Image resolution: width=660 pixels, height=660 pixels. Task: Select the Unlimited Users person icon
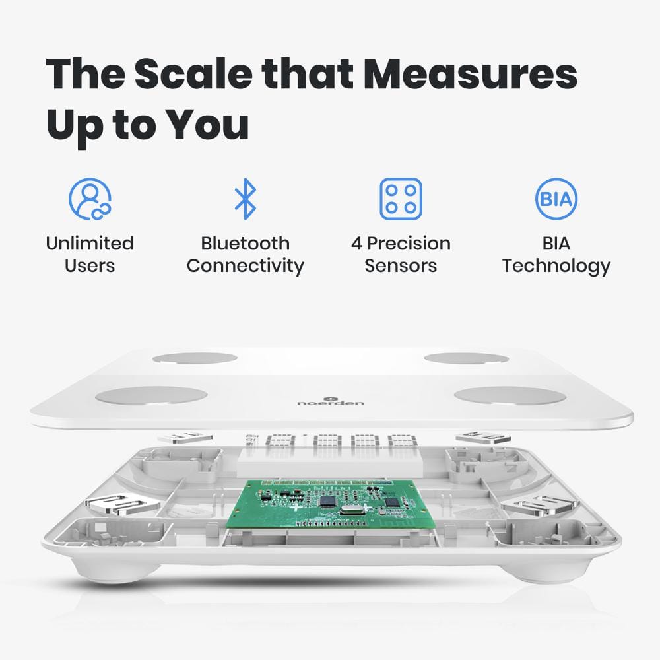(90, 198)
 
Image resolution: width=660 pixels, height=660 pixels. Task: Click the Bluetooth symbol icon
(246, 198)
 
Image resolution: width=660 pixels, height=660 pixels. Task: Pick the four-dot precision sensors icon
(401, 198)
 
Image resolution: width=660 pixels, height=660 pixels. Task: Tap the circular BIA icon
(556, 198)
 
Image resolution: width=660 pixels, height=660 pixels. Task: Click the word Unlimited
(90, 243)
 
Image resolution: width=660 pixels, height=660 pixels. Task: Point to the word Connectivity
(246, 266)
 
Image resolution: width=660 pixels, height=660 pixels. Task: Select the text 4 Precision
(401, 243)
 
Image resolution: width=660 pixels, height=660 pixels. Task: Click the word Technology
(556, 266)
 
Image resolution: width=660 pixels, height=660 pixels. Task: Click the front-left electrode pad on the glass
(151, 395)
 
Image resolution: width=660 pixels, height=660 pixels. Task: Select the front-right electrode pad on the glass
(510, 395)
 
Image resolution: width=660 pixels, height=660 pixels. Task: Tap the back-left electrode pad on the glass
(195, 358)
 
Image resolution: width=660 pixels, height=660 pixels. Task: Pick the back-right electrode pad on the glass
(466, 358)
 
